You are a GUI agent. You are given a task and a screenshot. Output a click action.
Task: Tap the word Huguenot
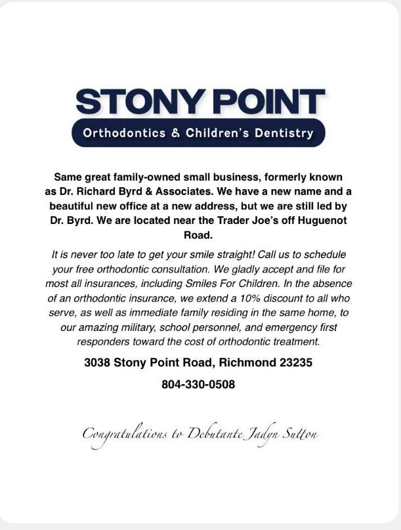(313, 221)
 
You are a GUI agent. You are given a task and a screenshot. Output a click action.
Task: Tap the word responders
(102, 342)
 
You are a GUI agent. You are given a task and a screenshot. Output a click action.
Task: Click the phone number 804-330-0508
(198, 384)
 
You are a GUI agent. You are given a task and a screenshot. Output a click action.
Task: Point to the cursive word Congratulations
(125, 434)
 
